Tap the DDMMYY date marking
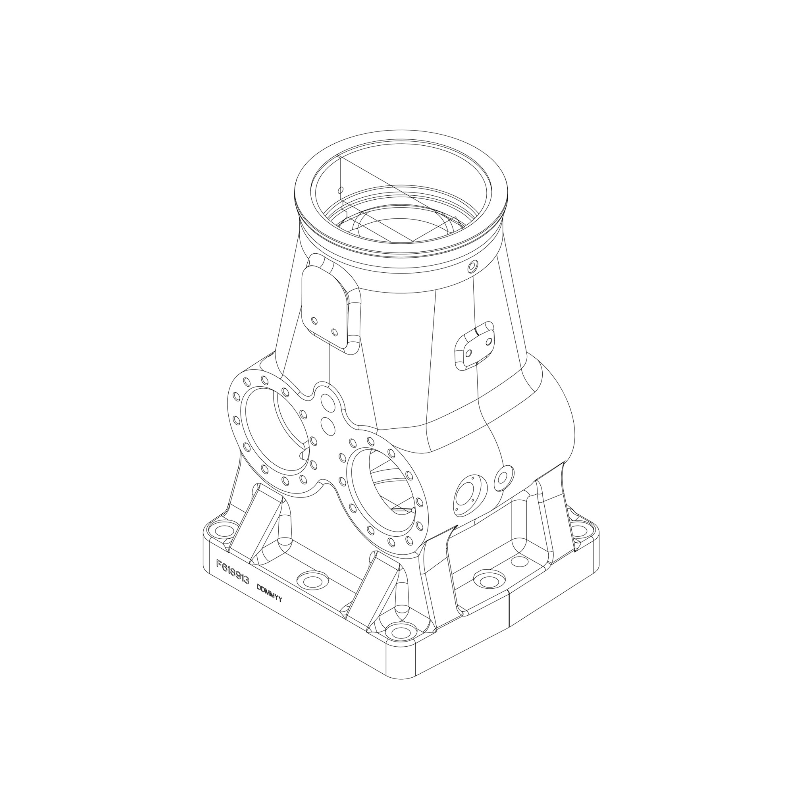[269, 594]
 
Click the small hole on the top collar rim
[472, 268]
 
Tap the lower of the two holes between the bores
[328, 426]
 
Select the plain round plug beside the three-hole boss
[503, 478]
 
